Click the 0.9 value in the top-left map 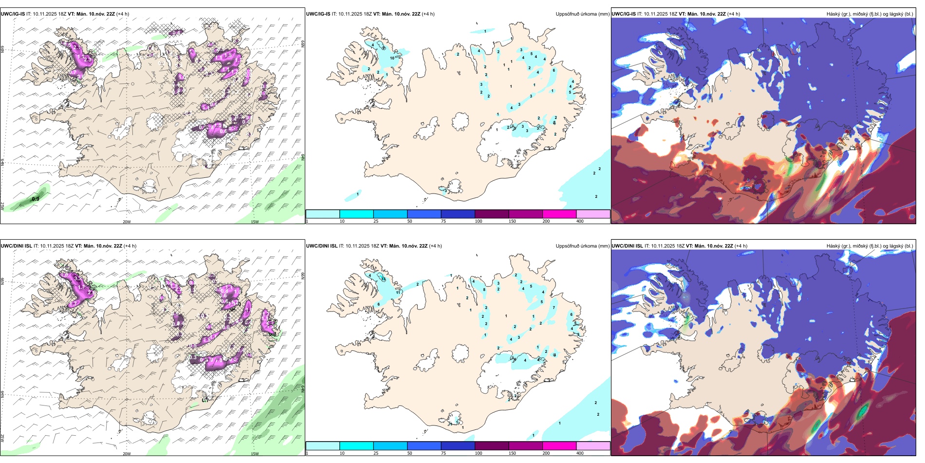pos(36,199)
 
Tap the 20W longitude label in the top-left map pos(127,222)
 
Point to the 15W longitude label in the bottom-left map pos(255,454)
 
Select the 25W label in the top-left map pos(3,206)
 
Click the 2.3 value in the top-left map pos(88,59)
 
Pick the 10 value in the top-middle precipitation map pos(392,58)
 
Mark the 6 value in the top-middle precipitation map pos(554,70)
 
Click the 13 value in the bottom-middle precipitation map pos(384,278)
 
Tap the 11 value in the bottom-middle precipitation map pos(399,292)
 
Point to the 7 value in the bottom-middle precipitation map pos(554,308)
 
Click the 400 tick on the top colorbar pos(580,221)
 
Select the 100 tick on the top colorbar pos(479,221)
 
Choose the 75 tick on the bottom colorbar pos(444,453)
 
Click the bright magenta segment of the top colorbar pos(559,214)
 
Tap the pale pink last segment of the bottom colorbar pos(593,446)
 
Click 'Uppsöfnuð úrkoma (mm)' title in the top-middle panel pos(582,14)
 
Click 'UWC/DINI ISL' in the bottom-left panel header pos(16,246)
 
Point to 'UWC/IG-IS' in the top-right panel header pos(623,14)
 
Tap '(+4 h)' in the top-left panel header pos(123,14)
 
